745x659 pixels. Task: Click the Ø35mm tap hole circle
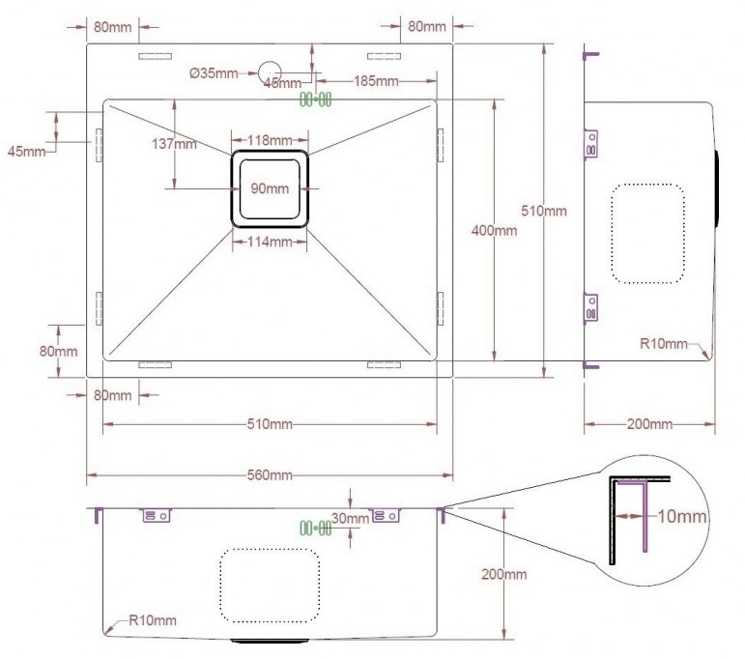click(x=270, y=62)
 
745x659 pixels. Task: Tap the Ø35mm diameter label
click(x=214, y=73)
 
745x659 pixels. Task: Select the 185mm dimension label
click(x=376, y=81)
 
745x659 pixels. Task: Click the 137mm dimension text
click(x=174, y=143)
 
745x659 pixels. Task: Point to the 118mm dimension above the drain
click(x=270, y=140)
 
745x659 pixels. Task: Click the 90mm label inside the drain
click(x=270, y=188)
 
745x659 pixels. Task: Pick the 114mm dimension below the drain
click(x=270, y=242)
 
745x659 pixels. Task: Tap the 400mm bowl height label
click(x=494, y=231)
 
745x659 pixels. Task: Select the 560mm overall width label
click(x=270, y=475)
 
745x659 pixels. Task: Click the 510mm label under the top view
click(x=270, y=424)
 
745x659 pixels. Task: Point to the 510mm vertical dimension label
click(x=544, y=211)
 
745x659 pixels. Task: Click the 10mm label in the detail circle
click(x=682, y=516)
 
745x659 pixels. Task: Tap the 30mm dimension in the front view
click(x=350, y=518)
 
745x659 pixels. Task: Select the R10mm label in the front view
click(x=153, y=620)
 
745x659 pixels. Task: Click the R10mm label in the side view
click(x=664, y=344)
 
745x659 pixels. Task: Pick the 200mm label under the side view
click(x=649, y=424)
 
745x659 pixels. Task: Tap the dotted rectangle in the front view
click(x=221, y=586)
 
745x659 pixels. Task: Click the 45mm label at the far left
click(x=27, y=152)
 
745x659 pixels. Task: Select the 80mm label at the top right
click(x=427, y=27)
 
